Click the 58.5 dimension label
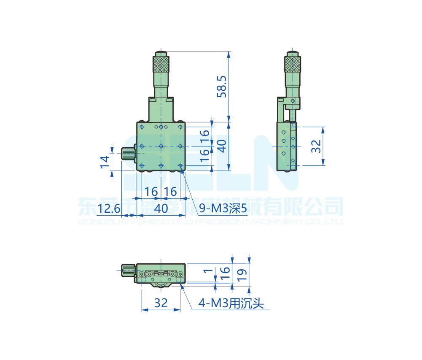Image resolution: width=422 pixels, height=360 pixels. tap(222, 87)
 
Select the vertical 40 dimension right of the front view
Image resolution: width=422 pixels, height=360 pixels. tap(222, 146)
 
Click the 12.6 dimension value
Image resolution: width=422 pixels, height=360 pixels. tap(109, 208)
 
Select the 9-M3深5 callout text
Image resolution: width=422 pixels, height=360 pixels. tap(222, 208)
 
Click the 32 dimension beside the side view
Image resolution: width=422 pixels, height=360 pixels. tap(316, 146)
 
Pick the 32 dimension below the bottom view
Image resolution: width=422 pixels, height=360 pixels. tap(161, 303)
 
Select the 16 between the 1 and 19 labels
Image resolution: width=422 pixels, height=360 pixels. tap(225, 273)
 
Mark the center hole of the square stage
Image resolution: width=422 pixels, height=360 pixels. tap(161, 146)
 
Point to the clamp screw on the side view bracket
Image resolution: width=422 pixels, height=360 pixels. tap(293, 101)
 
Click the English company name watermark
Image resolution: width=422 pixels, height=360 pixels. tap(211, 222)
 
